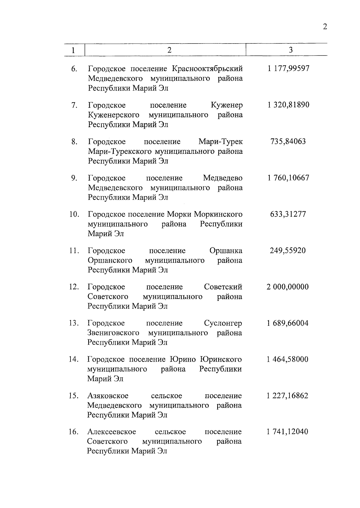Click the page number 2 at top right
tap(325, 27)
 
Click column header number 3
tap(290, 50)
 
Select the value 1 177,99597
tap(288, 68)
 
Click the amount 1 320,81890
tap(288, 105)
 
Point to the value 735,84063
tap(288, 141)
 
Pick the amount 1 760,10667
tap(288, 178)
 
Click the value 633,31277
tap(288, 214)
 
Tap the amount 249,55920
tap(288, 250)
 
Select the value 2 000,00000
tap(287, 287)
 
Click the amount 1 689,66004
tap(287, 323)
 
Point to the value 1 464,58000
tap(287, 359)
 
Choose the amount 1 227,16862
tap(287, 396)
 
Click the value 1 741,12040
tap(287, 432)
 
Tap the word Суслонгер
tap(223, 323)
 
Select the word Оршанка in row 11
tap(226, 251)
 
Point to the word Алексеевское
tap(112, 432)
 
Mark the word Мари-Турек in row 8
tap(220, 142)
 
